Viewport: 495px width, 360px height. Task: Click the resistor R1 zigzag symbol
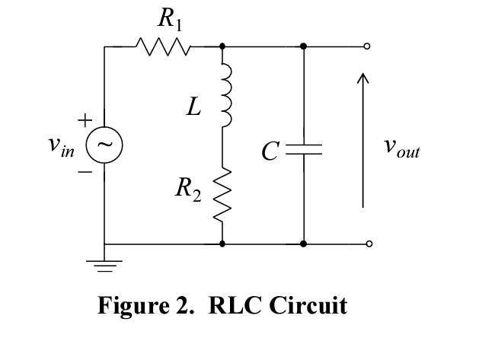click(x=162, y=47)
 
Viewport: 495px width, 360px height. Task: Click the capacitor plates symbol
click(x=304, y=151)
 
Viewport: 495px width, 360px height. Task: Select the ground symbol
click(x=104, y=266)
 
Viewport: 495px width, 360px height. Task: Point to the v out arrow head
click(x=364, y=78)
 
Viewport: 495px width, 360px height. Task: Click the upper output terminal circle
click(x=369, y=46)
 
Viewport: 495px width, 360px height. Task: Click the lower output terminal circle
click(x=369, y=244)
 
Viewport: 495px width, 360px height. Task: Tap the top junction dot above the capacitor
click(x=304, y=46)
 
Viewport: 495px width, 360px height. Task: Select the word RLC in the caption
click(x=227, y=305)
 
